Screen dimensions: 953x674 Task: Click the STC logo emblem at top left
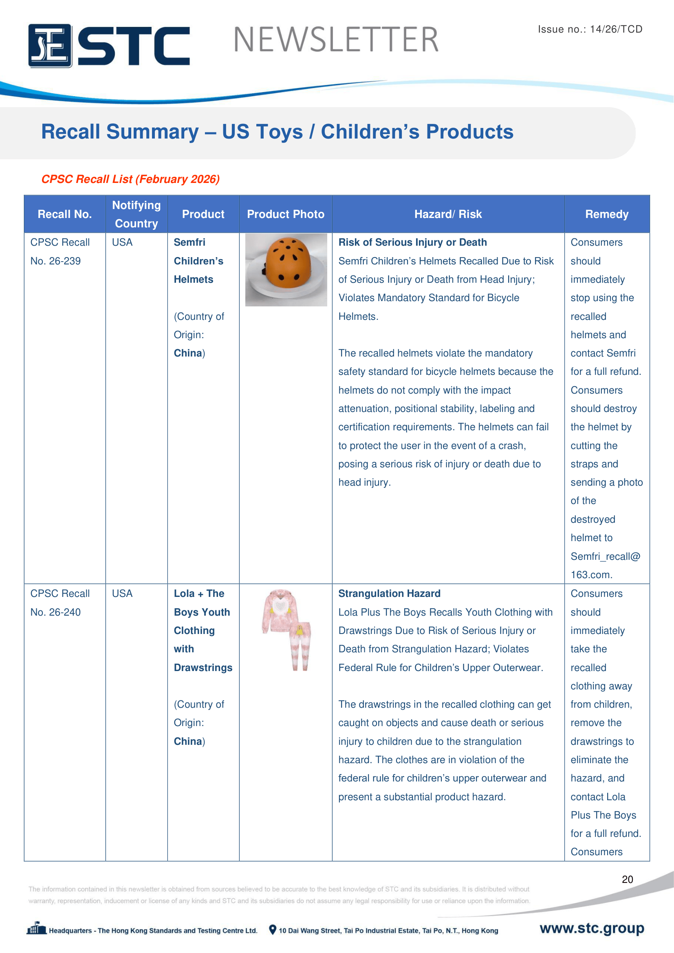click(50, 46)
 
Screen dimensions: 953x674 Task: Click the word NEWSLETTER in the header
click(336, 40)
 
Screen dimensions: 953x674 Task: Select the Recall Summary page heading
click(277, 132)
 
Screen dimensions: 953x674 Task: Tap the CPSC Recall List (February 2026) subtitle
click(130, 179)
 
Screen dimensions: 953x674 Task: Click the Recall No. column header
click(65, 214)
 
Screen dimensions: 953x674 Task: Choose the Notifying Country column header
click(137, 214)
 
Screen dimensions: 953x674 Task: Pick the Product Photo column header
click(286, 214)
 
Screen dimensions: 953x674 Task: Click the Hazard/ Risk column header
click(448, 214)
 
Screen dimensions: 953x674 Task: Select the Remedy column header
click(606, 214)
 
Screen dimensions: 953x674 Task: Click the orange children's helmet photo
click(286, 269)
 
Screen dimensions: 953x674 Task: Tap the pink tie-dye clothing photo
click(287, 629)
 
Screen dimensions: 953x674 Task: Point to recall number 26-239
click(55, 261)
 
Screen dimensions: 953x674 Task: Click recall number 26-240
click(55, 612)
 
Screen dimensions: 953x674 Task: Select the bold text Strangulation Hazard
click(389, 594)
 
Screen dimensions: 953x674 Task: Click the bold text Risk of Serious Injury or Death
click(412, 242)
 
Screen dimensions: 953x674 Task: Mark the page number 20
click(627, 879)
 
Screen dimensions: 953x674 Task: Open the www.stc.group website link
click(591, 928)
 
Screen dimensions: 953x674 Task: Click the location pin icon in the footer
click(272, 930)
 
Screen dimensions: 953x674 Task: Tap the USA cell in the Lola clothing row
click(122, 594)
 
